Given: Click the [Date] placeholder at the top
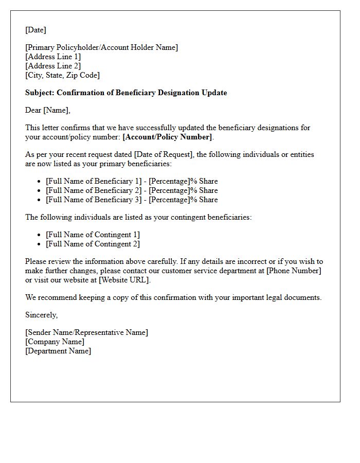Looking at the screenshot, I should pyautogui.click(x=35, y=30).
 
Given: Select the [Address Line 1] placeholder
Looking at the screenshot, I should pyautogui.click(x=53, y=57).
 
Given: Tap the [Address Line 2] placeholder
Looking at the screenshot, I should pyautogui.click(x=53, y=66).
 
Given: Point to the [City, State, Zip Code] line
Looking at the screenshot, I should pyautogui.click(x=62, y=75).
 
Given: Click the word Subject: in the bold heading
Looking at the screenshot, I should pyautogui.click(x=40, y=93).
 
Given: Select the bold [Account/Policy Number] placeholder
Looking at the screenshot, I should pyautogui.click(x=167, y=137).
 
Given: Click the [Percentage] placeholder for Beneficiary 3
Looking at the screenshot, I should pyautogui.click(x=169, y=200).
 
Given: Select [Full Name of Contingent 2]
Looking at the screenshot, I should pyautogui.click(x=93, y=244).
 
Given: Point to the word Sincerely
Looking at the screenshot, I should pyautogui.click(x=41, y=315).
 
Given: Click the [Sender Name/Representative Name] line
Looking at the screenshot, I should pyautogui.click(x=86, y=332).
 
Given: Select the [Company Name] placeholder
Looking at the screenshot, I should pyautogui.click(x=55, y=342).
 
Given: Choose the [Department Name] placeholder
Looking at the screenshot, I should pyautogui.click(x=58, y=351).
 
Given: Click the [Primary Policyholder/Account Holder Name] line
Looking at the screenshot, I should pyautogui.click(x=102, y=47).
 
